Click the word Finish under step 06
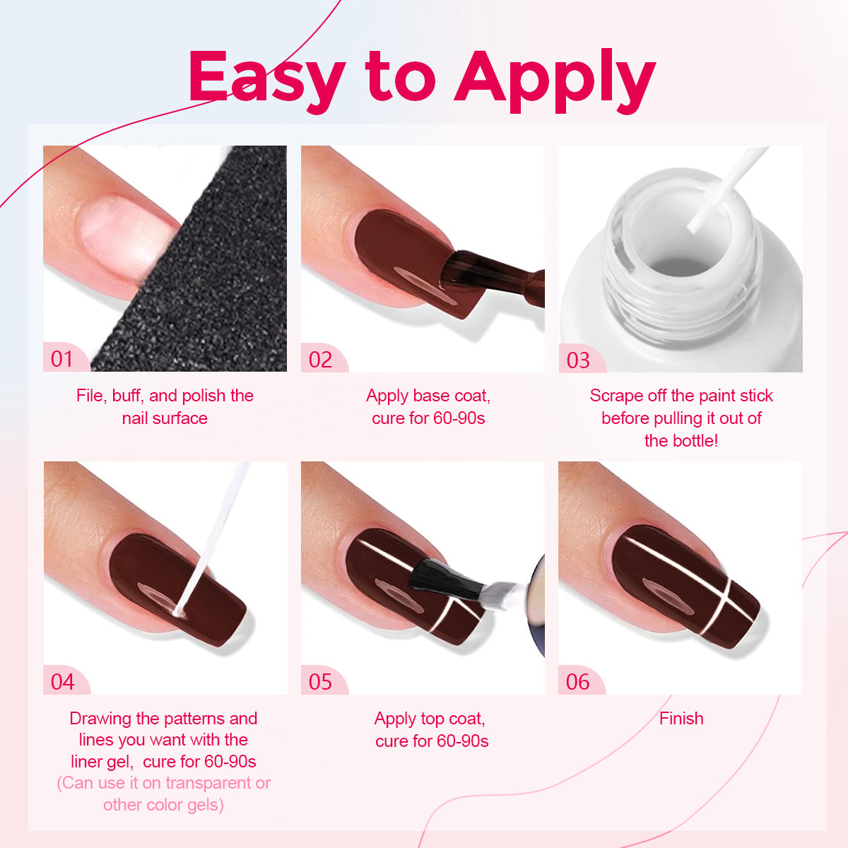tap(681, 719)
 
